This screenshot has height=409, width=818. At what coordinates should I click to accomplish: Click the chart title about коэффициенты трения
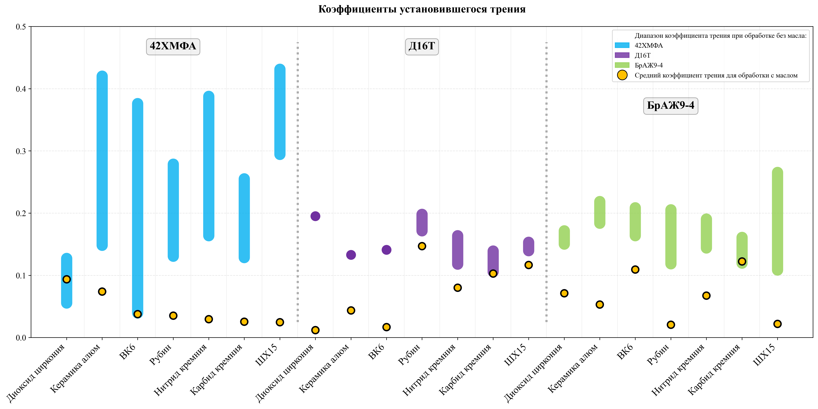point(422,9)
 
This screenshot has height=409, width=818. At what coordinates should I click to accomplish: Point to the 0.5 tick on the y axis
point(21,27)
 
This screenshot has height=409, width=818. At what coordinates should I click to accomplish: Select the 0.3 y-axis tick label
point(21,151)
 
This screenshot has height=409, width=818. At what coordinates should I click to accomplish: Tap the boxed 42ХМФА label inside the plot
point(173,46)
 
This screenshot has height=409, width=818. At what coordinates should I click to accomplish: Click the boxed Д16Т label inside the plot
point(422,46)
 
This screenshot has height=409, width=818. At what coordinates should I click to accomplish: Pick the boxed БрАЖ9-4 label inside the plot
point(670,106)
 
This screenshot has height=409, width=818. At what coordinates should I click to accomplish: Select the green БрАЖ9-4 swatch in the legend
point(622,65)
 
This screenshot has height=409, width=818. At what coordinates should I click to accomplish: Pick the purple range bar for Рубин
point(422,223)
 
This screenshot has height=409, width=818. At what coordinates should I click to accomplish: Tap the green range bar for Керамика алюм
point(600,212)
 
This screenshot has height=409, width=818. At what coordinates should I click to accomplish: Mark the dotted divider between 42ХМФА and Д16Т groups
point(298,181)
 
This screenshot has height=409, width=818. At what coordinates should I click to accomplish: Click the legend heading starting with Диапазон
point(720,36)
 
